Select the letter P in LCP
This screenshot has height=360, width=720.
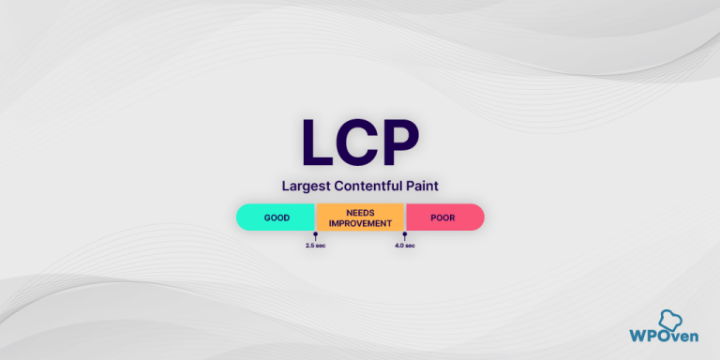[x=400, y=143]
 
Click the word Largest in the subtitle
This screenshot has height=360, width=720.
[x=307, y=187]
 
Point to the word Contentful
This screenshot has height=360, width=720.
[x=367, y=187]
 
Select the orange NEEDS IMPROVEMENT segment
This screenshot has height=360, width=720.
[x=360, y=217]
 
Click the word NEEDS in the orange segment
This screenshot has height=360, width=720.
[x=360, y=212]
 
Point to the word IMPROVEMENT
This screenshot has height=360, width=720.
[x=360, y=223]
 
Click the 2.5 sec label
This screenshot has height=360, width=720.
[x=315, y=246]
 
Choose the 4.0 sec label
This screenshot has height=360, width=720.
[x=404, y=246]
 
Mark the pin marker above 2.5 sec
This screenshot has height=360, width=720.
[x=315, y=234]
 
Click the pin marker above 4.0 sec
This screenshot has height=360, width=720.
[x=404, y=234]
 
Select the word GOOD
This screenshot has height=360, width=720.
[x=277, y=217]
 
